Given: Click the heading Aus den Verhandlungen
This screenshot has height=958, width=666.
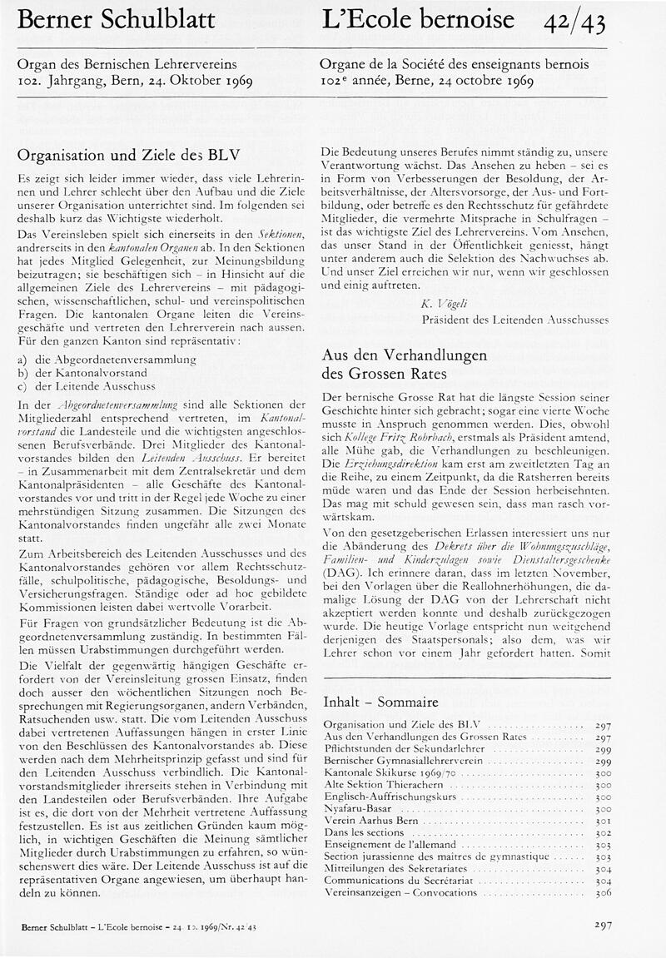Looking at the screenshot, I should coord(404,355).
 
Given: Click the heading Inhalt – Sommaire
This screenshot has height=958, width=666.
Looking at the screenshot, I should coord(380,702).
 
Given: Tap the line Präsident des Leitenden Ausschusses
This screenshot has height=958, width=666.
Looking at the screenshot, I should coord(516,320).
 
